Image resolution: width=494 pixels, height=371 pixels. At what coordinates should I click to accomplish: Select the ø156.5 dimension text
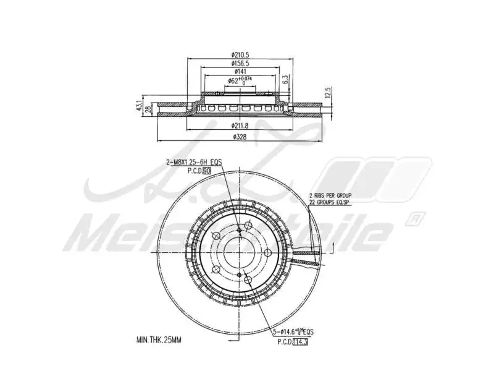pos(240,63)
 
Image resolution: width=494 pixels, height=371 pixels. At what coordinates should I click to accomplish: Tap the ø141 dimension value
pos(240,72)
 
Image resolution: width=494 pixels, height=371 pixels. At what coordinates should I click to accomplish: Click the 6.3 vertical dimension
pos(285,79)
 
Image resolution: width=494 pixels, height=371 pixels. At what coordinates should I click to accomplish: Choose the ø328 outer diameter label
pos(240,137)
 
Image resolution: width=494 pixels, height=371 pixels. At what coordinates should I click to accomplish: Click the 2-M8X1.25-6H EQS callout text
pos(193,161)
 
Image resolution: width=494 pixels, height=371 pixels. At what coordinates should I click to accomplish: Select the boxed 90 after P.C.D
pos(207,169)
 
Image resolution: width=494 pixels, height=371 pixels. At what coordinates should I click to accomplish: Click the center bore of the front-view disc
pos(239,250)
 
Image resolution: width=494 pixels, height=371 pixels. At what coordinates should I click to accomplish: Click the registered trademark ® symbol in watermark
pos(416,218)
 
